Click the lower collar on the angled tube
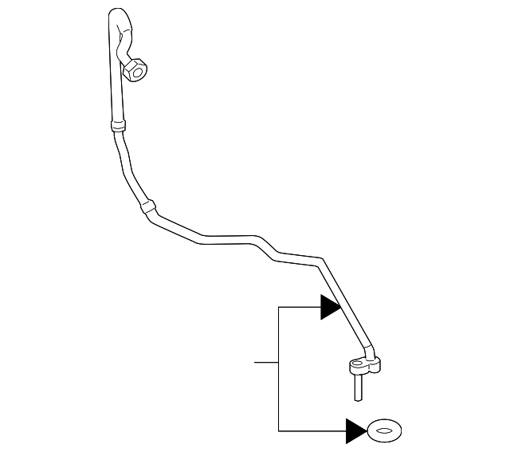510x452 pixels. [x=146, y=207]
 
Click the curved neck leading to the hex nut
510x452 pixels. [x=123, y=44]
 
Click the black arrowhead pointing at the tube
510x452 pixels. [x=331, y=307]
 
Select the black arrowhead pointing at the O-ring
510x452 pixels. [x=355, y=431]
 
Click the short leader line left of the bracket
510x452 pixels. [x=265, y=363]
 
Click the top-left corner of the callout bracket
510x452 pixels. [x=278, y=307]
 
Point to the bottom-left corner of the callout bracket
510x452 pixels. [x=278, y=431]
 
